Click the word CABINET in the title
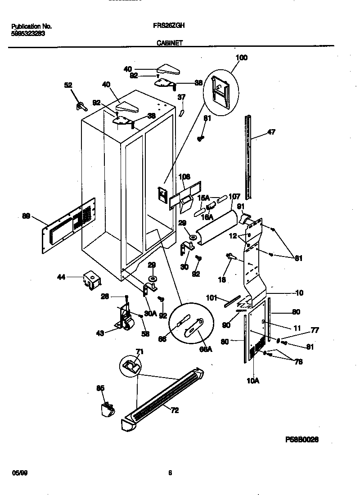point(170,43)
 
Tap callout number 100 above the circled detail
point(242,58)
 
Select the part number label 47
point(271,132)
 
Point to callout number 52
point(68,85)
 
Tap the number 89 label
point(26,216)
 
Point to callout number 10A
point(253,380)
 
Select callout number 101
point(211,298)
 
